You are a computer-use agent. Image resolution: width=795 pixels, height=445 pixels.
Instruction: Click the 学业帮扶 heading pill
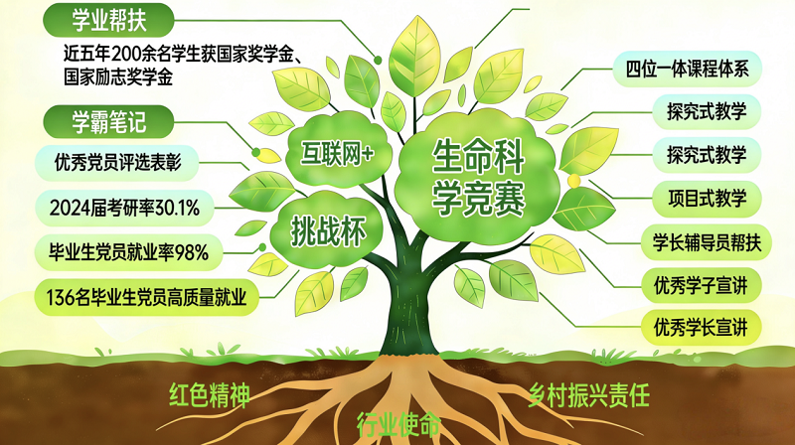pyautogui.click(x=108, y=20)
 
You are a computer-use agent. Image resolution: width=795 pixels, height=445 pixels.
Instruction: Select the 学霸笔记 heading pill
pyautogui.click(x=108, y=122)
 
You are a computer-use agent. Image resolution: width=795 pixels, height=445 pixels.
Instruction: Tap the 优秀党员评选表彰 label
pyautogui.click(x=117, y=163)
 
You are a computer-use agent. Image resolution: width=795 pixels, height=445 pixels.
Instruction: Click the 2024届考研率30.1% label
pyautogui.click(x=125, y=208)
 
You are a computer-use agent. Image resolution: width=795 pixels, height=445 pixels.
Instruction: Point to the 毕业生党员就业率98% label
pyautogui.click(x=129, y=252)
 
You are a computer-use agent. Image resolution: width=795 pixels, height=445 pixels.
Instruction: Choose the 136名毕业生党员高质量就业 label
pyautogui.click(x=146, y=297)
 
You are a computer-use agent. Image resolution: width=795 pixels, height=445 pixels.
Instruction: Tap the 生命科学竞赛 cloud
pyautogui.click(x=478, y=178)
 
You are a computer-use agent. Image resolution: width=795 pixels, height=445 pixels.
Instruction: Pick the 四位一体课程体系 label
pyautogui.click(x=687, y=69)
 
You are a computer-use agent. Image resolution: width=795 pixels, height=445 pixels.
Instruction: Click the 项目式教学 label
pyautogui.click(x=707, y=199)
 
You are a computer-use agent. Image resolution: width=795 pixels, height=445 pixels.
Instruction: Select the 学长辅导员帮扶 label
pyautogui.click(x=707, y=242)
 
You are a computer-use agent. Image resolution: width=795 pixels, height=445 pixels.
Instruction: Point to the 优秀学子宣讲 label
pyautogui.click(x=702, y=285)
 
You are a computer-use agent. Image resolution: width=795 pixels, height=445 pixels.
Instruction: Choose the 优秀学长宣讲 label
pyautogui.click(x=702, y=328)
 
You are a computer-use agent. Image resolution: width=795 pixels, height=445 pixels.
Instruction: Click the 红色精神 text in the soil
pyautogui.click(x=210, y=394)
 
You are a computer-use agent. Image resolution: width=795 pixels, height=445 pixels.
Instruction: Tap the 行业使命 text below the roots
pyautogui.click(x=399, y=424)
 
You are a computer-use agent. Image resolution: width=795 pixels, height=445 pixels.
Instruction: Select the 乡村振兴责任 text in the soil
pyautogui.click(x=588, y=394)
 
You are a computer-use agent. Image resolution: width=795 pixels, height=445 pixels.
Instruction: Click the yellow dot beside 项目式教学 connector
pyautogui.click(x=574, y=181)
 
